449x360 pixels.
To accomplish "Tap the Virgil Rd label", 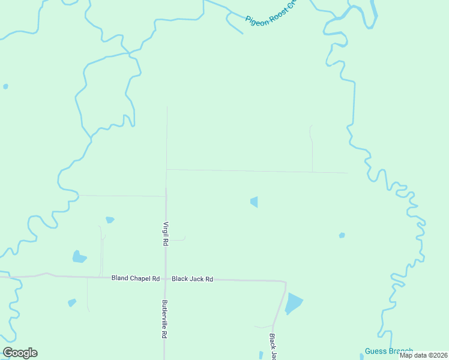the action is tap(165, 233).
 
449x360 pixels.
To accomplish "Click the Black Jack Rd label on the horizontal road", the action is tap(193, 279).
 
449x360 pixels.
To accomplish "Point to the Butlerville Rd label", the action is tap(164, 320).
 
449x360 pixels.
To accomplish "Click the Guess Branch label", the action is tap(388, 351).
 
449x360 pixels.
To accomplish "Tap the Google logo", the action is tap(20, 353).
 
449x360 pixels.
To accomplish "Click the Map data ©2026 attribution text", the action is tap(423, 355).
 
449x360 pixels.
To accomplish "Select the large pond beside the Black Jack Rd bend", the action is tap(294, 304).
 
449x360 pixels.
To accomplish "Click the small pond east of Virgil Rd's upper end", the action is tap(255, 202).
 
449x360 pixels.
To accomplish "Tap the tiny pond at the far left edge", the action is tap(5, 86).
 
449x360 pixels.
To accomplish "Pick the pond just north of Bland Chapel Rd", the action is tap(79, 257).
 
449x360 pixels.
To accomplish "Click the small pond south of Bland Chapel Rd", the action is tap(72, 302).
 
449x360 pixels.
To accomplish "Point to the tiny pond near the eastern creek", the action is tap(342, 235).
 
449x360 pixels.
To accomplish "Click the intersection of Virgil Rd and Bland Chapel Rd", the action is tap(165, 278).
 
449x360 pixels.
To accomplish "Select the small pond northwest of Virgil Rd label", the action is tap(110, 220).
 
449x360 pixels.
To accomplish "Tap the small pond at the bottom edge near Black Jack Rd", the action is tap(261, 355).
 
